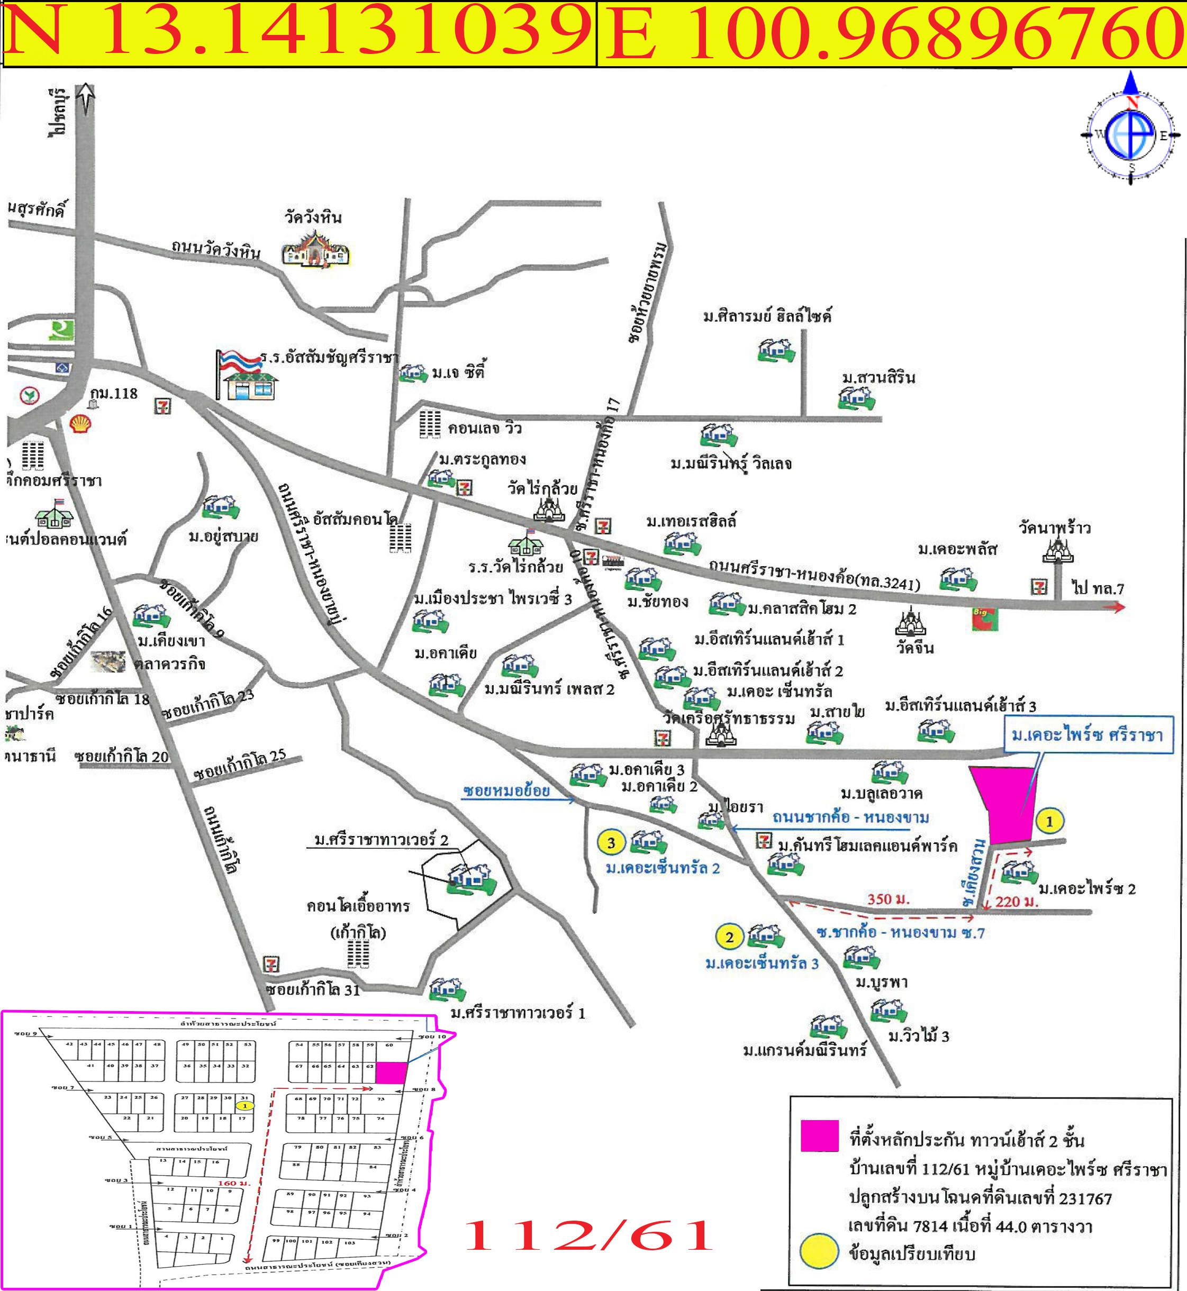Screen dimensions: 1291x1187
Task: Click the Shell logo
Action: tap(80, 424)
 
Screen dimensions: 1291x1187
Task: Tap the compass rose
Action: tap(1130, 135)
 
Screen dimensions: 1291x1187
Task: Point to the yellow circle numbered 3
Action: tap(611, 843)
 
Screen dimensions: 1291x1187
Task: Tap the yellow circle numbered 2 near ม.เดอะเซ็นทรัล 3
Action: tap(729, 937)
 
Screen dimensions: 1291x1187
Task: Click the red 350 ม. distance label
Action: tap(889, 898)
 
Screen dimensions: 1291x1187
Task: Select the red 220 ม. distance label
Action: tap(1017, 902)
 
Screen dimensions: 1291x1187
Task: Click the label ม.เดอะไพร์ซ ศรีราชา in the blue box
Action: tap(1087, 735)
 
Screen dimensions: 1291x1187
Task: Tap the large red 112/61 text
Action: tap(588, 1234)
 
